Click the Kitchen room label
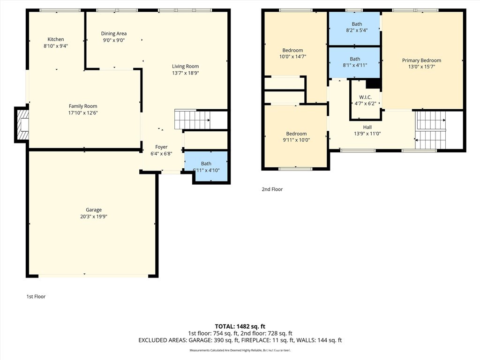[x=56, y=39]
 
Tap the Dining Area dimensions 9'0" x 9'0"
[x=113, y=40]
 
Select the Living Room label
[x=185, y=66]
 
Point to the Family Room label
[x=83, y=106]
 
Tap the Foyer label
[x=161, y=147]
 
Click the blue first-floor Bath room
[x=206, y=166]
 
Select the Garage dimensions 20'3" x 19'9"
[x=93, y=217]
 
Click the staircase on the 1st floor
[x=192, y=120]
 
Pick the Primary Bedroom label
[x=421, y=60]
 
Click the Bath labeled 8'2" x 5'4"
[x=354, y=29]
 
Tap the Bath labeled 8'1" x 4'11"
[x=354, y=62]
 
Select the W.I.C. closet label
[x=365, y=97]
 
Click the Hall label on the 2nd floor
[x=367, y=127]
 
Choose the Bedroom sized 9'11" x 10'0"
[x=296, y=136]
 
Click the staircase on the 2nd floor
[x=431, y=130]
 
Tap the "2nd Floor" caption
[x=272, y=189]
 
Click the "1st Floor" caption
[x=36, y=296]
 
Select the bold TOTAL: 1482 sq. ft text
[x=240, y=326]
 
